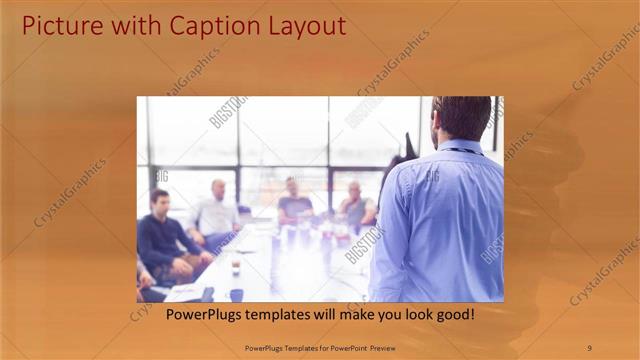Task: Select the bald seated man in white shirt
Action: pos(217,210)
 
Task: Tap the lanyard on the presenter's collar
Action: pos(462,151)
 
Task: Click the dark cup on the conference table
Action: pos(235,294)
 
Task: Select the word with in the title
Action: pos(127,24)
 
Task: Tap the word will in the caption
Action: pos(311,314)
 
